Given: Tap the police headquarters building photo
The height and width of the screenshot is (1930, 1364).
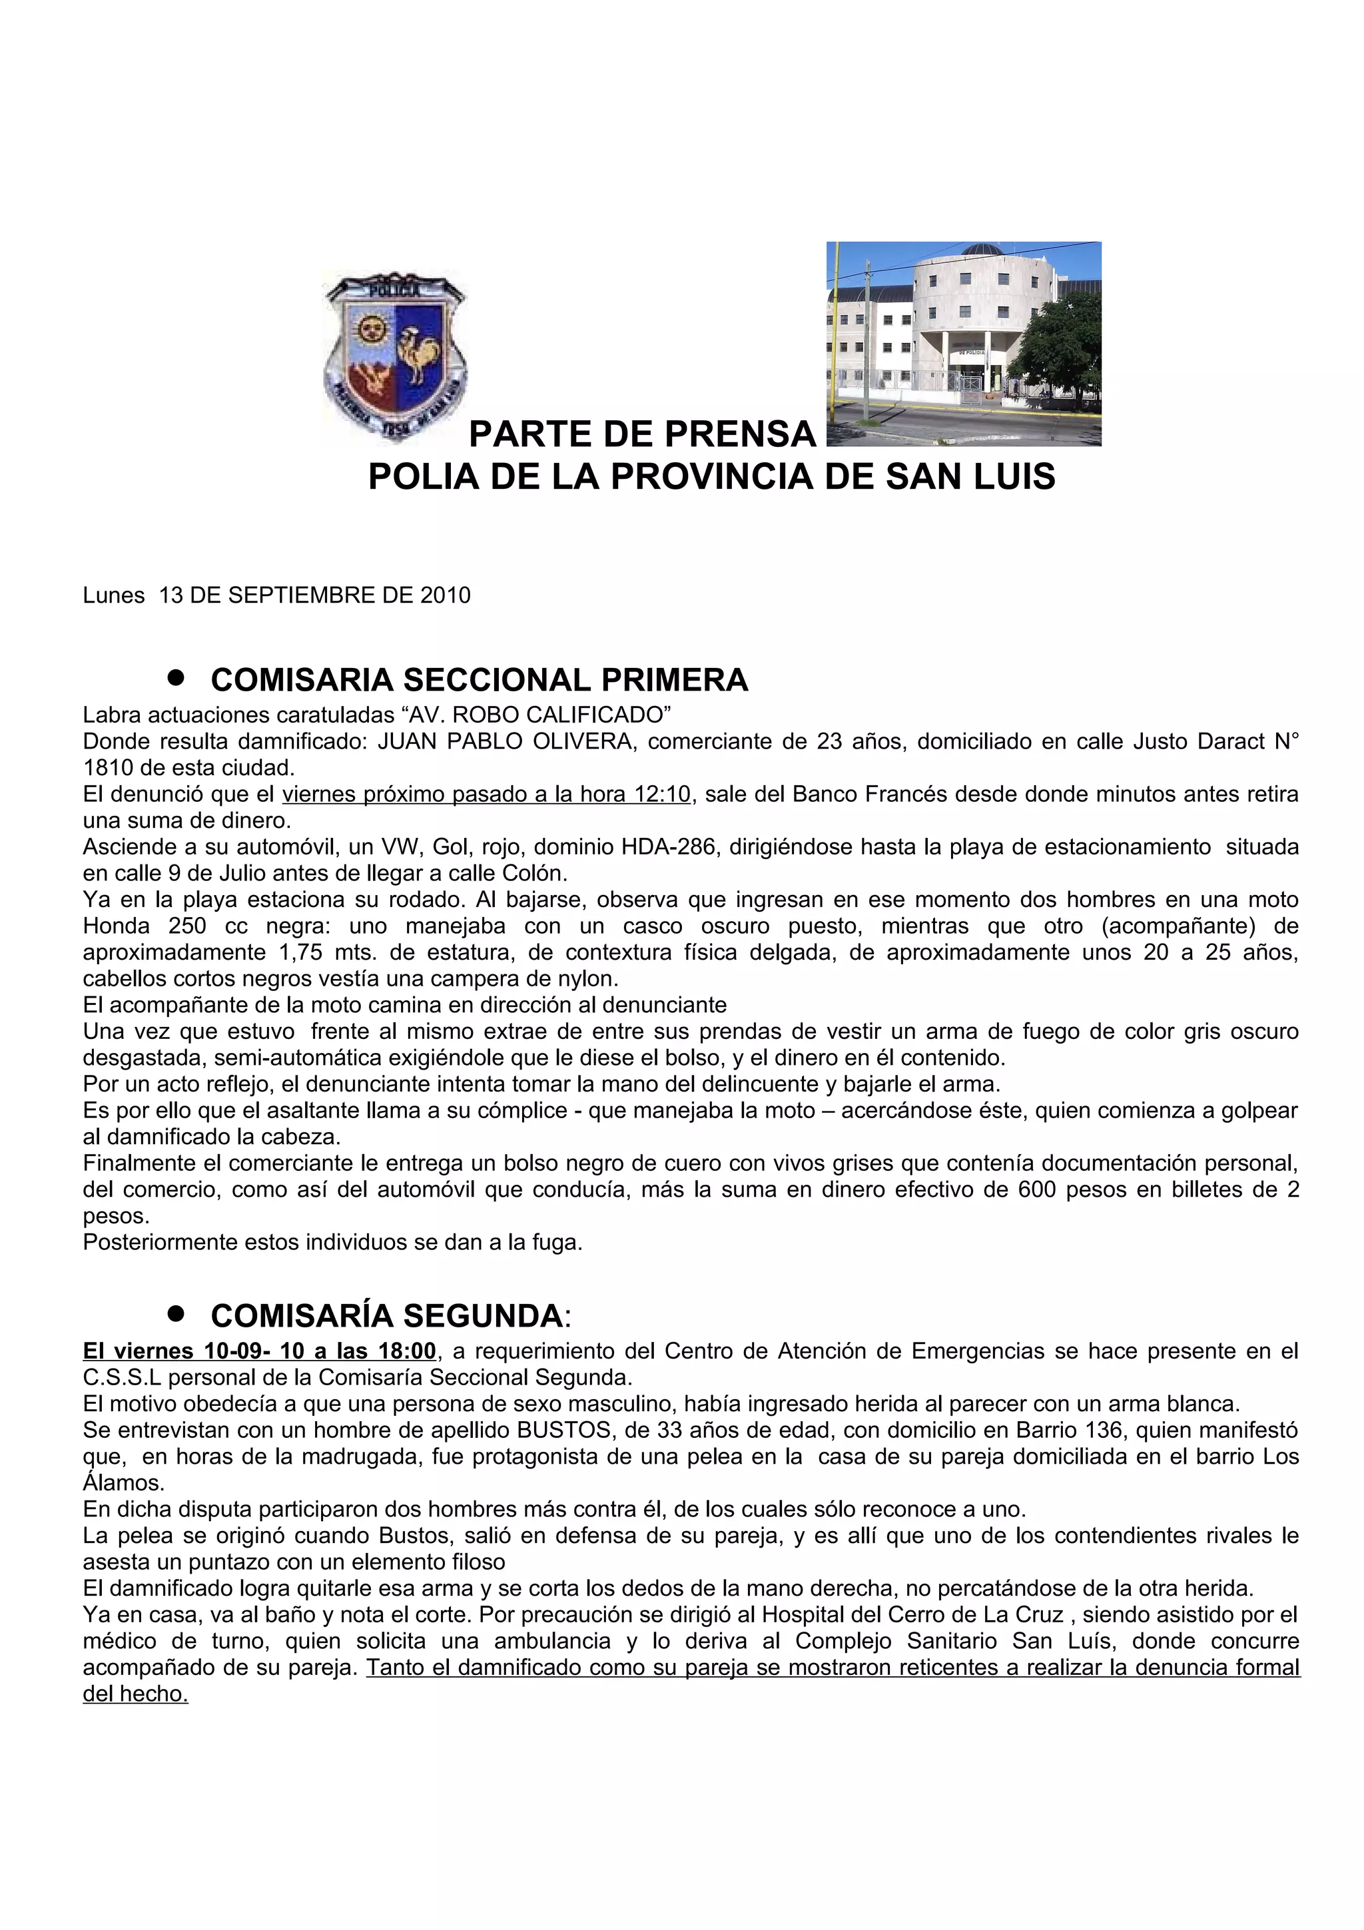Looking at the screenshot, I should point(963,343).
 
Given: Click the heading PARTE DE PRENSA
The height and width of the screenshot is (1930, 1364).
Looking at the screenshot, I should point(642,434).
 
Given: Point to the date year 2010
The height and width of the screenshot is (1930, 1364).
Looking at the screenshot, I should point(446,595).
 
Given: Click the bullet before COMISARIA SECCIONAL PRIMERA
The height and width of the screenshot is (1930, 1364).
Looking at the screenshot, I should point(176,677).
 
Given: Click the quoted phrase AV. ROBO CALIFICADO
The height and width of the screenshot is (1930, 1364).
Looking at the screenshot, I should point(537,715).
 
